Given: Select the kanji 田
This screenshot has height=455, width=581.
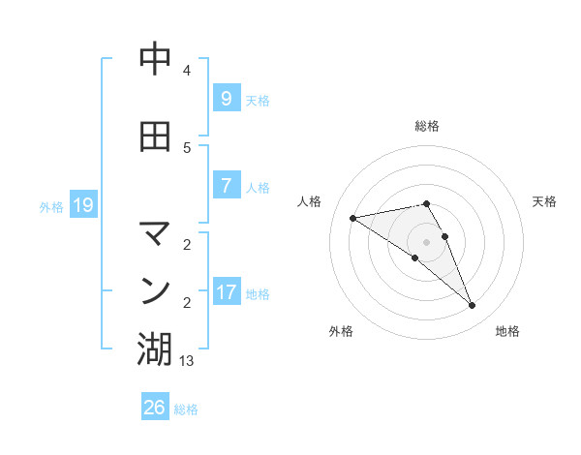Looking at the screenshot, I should [x=155, y=136].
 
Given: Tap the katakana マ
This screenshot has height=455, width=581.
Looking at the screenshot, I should [x=155, y=232].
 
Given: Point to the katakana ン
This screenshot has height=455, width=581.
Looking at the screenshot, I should [x=155, y=290].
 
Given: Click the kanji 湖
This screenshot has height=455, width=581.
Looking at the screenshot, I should [x=155, y=349].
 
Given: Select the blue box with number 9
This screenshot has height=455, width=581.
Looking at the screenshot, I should [x=225, y=99].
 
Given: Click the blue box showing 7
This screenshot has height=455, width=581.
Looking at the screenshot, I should [x=225, y=186].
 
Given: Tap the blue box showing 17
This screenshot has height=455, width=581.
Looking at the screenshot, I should [x=227, y=292].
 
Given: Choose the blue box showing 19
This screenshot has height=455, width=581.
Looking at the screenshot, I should [x=82, y=205].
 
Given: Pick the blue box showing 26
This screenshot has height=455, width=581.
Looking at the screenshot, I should [x=154, y=408].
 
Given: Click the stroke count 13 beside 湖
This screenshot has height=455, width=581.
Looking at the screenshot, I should [x=187, y=361].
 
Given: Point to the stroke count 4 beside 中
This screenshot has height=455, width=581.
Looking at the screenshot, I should [x=187, y=71].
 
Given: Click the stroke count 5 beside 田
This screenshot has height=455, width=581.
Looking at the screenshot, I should [x=187, y=147].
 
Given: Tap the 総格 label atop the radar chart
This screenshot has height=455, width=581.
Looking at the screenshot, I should [x=427, y=126].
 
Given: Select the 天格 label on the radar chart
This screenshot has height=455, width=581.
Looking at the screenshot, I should [x=544, y=201].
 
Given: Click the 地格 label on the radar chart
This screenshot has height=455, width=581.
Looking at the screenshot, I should [x=507, y=331].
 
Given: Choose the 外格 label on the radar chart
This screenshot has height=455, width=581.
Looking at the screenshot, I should [x=341, y=331].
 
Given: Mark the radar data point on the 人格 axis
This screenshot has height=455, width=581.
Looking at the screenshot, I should [x=352, y=218].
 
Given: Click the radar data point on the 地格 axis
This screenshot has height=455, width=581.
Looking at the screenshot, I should [x=473, y=306].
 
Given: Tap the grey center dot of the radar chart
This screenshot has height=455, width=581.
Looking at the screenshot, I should [x=426, y=241].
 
